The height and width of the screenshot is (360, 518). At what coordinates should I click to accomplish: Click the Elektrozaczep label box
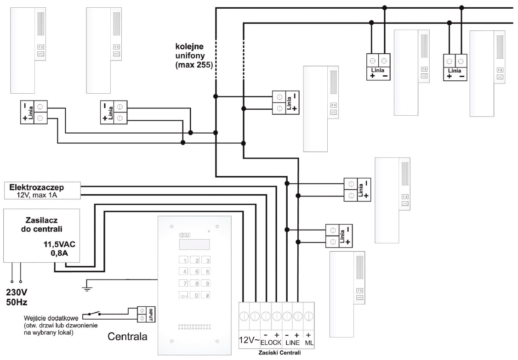pyautogui.click(x=42, y=191)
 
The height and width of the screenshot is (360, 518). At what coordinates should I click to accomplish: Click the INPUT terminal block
pyautogui.click(x=145, y=314)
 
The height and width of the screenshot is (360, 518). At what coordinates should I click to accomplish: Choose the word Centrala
pyautogui.click(x=127, y=337)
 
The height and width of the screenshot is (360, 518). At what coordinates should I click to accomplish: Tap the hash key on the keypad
pyautogui.click(x=207, y=296)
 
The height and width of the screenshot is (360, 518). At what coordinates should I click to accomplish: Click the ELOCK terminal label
pyautogui.click(x=271, y=343)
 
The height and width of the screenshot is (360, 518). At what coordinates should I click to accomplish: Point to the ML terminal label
pyautogui.click(x=309, y=343)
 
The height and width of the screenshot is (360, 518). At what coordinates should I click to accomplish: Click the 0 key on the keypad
pyautogui.click(x=196, y=296)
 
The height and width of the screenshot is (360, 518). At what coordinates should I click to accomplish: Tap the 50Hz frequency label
pyautogui.click(x=17, y=303)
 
